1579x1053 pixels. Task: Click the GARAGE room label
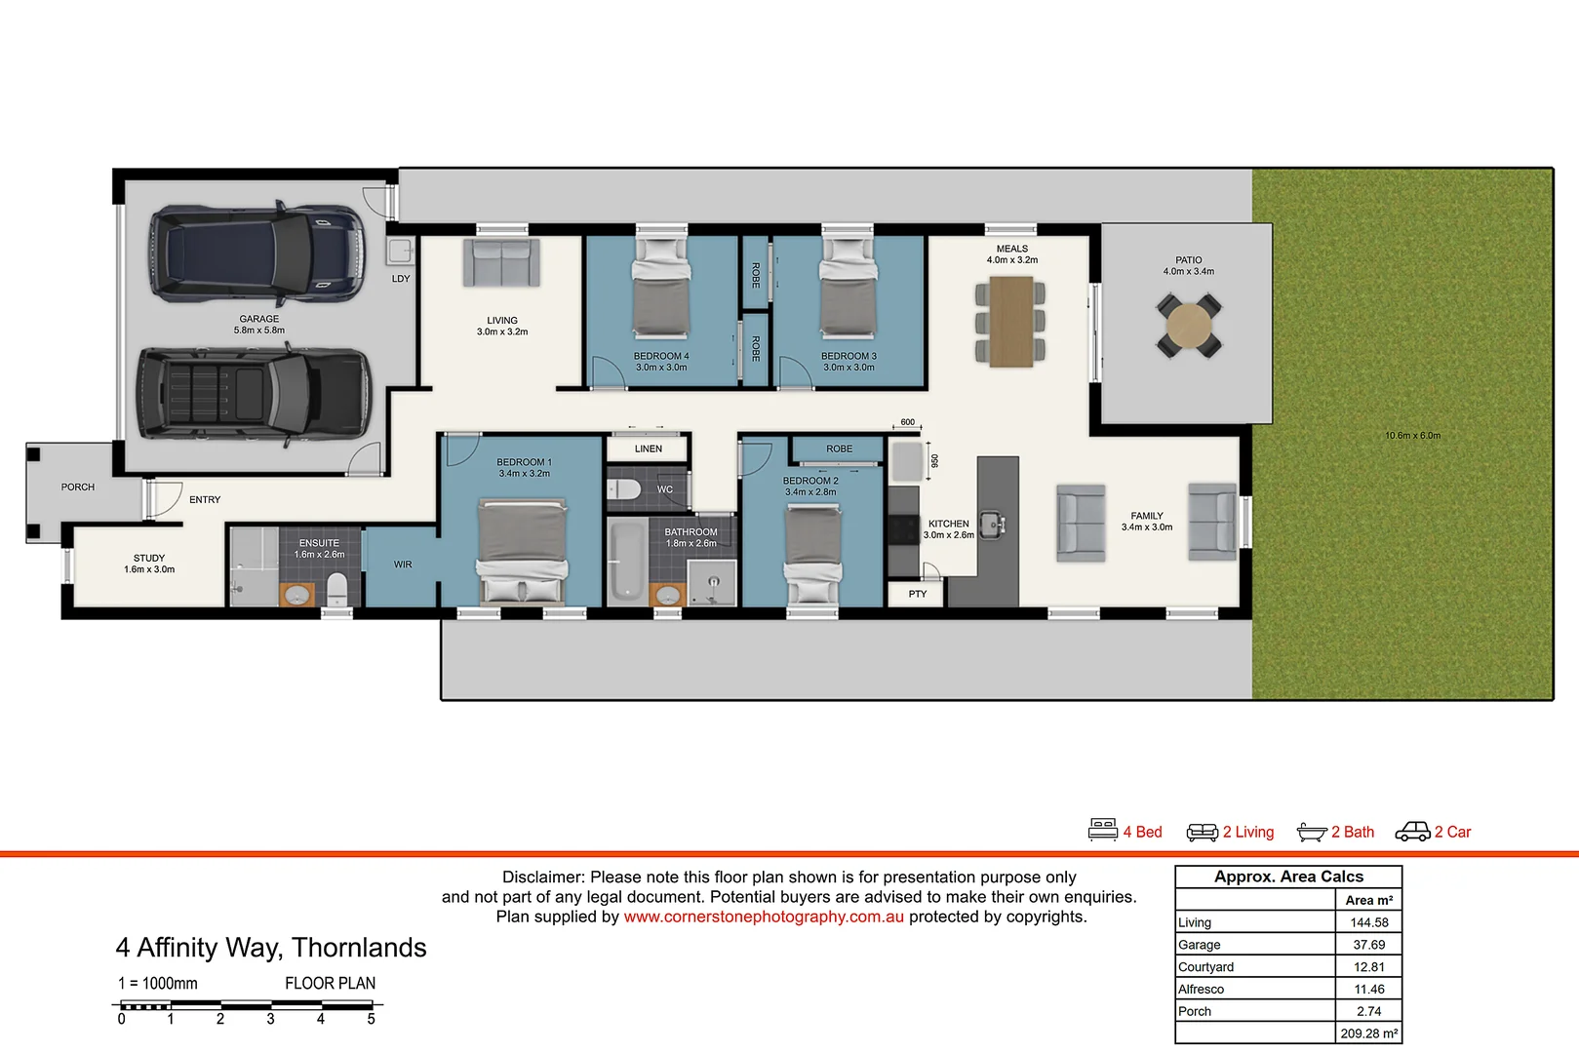(x=259, y=319)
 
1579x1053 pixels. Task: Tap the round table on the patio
(x=1189, y=326)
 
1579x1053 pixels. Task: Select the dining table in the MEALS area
(x=1011, y=322)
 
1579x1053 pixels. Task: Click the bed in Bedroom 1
(x=522, y=552)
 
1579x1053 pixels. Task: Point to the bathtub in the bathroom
(x=625, y=562)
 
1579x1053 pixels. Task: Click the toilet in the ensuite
(x=336, y=589)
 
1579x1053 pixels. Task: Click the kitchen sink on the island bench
(x=992, y=524)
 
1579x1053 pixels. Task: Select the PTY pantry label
(x=918, y=594)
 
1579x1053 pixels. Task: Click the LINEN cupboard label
(x=649, y=449)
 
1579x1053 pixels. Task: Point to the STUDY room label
(x=149, y=559)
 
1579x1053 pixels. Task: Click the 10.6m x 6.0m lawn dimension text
(x=1412, y=436)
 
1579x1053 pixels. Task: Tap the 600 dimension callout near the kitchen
(x=908, y=422)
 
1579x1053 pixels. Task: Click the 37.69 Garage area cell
(x=1368, y=945)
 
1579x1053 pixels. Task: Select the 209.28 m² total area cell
(x=1368, y=1033)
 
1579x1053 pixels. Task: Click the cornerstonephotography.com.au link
(x=764, y=916)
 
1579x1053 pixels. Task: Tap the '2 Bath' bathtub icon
(x=1312, y=832)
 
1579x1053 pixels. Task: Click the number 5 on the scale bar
(x=371, y=1020)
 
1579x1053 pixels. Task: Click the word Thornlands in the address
(x=359, y=948)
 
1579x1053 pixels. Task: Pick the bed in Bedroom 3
(x=848, y=289)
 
